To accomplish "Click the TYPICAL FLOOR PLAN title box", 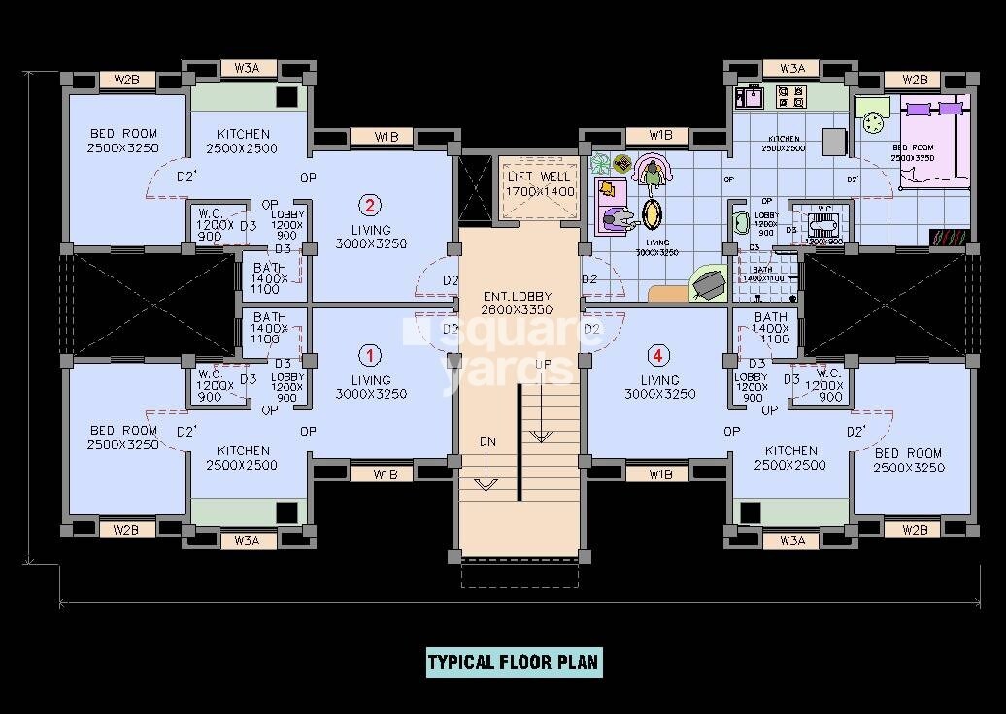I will [x=514, y=664].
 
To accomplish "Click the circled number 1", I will [x=370, y=354].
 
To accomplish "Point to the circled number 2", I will [x=370, y=205].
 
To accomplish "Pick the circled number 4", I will [x=660, y=354].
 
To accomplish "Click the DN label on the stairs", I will [x=487, y=441].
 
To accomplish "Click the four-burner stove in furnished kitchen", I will [x=791, y=97].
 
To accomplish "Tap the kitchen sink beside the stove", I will [x=751, y=97].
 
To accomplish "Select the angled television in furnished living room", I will [x=709, y=282].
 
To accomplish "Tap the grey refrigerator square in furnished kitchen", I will [x=833, y=142].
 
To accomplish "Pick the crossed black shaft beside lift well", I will [x=476, y=189].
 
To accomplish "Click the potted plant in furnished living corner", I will [x=599, y=162].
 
